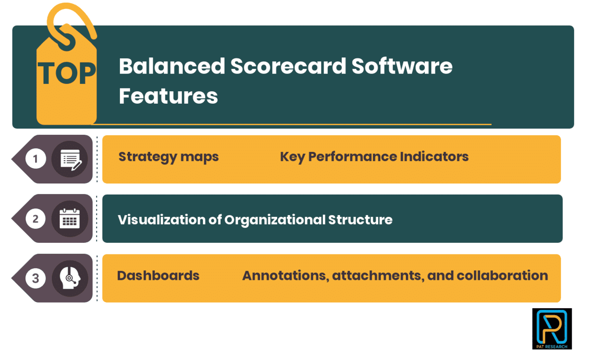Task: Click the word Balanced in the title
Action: (x=171, y=66)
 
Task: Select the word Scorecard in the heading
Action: (x=288, y=66)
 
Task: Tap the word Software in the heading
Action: (x=402, y=66)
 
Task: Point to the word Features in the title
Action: (x=168, y=96)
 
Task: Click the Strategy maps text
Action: (x=168, y=157)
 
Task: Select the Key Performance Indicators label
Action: (x=374, y=157)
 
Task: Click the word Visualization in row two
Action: (x=162, y=220)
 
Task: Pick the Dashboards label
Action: (x=158, y=276)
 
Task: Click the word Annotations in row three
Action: (x=284, y=276)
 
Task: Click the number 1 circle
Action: (x=36, y=159)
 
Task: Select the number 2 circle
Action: (x=36, y=219)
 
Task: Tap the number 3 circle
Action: (x=36, y=278)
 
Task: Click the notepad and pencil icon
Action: (x=70, y=159)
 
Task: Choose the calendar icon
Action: (x=70, y=219)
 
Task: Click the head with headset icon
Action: (x=70, y=278)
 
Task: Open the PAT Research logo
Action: (x=552, y=328)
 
